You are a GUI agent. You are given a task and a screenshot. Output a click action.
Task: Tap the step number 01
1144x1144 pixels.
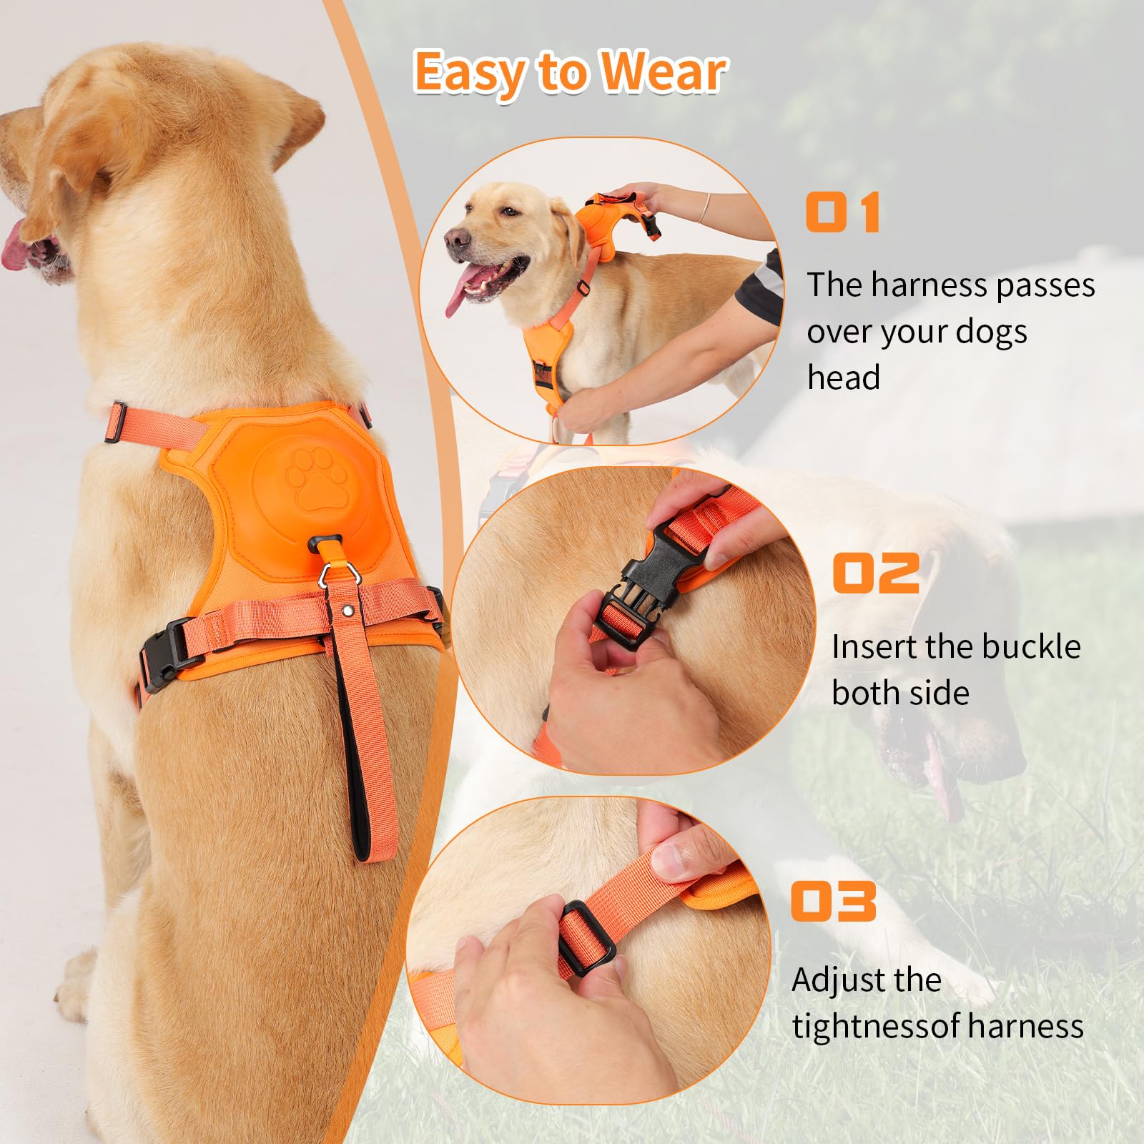pos(843,212)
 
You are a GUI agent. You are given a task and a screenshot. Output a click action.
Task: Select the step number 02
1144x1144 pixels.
pos(876,573)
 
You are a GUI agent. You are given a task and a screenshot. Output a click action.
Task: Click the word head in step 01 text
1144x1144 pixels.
pos(843,378)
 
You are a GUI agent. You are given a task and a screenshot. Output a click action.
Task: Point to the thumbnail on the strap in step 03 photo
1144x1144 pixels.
pos(673,858)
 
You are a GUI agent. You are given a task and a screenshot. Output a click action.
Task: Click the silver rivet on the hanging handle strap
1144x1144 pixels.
pos(347,611)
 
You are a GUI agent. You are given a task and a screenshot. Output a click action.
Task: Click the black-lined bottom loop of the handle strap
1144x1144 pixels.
pos(371,837)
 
